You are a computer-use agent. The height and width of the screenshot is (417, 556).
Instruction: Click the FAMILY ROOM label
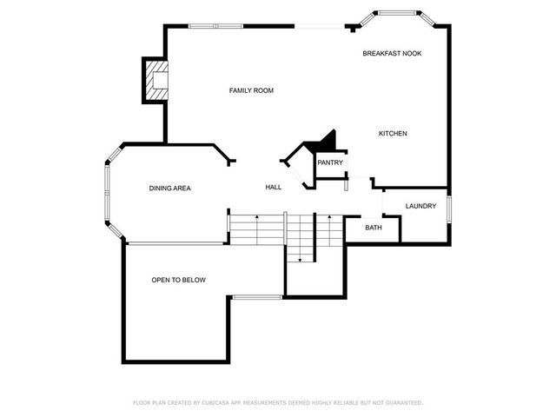[x=251, y=90]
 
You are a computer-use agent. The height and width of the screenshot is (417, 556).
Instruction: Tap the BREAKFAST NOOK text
[x=392, y=54]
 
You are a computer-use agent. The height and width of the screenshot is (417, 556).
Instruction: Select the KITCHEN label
[x=393, y=133]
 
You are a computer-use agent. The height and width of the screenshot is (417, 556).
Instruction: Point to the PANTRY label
[x=329, y=162]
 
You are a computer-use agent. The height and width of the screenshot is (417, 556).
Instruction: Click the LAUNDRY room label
[x=420, y=206]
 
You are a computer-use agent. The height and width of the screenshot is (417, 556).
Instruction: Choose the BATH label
[x=373, y=228]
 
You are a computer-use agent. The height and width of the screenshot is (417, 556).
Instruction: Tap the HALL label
[x=273, y=188]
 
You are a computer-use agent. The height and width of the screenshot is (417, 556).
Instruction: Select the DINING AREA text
[x=169, y=188]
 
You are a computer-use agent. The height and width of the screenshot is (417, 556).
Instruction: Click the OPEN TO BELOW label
[x=178, y=280]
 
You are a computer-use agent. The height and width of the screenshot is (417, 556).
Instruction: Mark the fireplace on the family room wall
[x=156, y=81]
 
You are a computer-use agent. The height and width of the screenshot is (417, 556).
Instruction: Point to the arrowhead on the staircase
[x=300, y=259]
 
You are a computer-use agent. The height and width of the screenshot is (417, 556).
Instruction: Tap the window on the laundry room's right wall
[x=448, y=210]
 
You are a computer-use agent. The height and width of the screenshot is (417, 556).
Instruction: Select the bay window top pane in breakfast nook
[x=400, y=14]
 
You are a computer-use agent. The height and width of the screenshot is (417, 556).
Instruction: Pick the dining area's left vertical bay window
[x=107, y=193]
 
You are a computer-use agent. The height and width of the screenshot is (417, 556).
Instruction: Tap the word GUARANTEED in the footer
[x=401, y=403]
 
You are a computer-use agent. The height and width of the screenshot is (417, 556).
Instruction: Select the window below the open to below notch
[x=256, y=297]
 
